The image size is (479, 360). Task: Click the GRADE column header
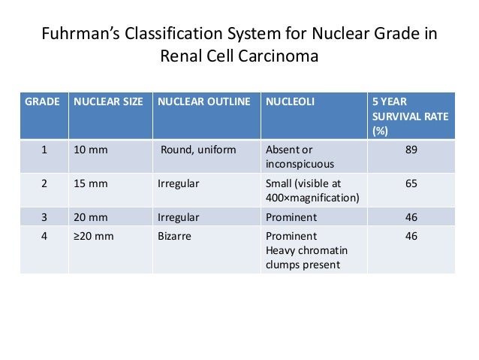pyautogui.click(x=43, y=101)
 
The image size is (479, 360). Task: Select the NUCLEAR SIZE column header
pyautogui.click(x=108, y=101)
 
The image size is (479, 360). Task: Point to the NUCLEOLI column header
pyautogui.click(x=288, y=101)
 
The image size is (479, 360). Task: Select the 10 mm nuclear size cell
pyautogui.click(x=91, y=150)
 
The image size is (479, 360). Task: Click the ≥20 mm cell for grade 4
pyautogui.click(x=93, y=237)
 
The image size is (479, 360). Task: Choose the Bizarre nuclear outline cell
pyautogui.click(x=176, y=237)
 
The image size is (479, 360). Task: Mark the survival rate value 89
pyautogui.click(x=410, y=150)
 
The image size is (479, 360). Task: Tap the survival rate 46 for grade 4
pyautogui.click(x=410, y=237)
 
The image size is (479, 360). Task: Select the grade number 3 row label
pyautogui.click(x=44, y=217)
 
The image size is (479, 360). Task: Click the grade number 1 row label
pyautogui.click(x=44, y=150)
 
